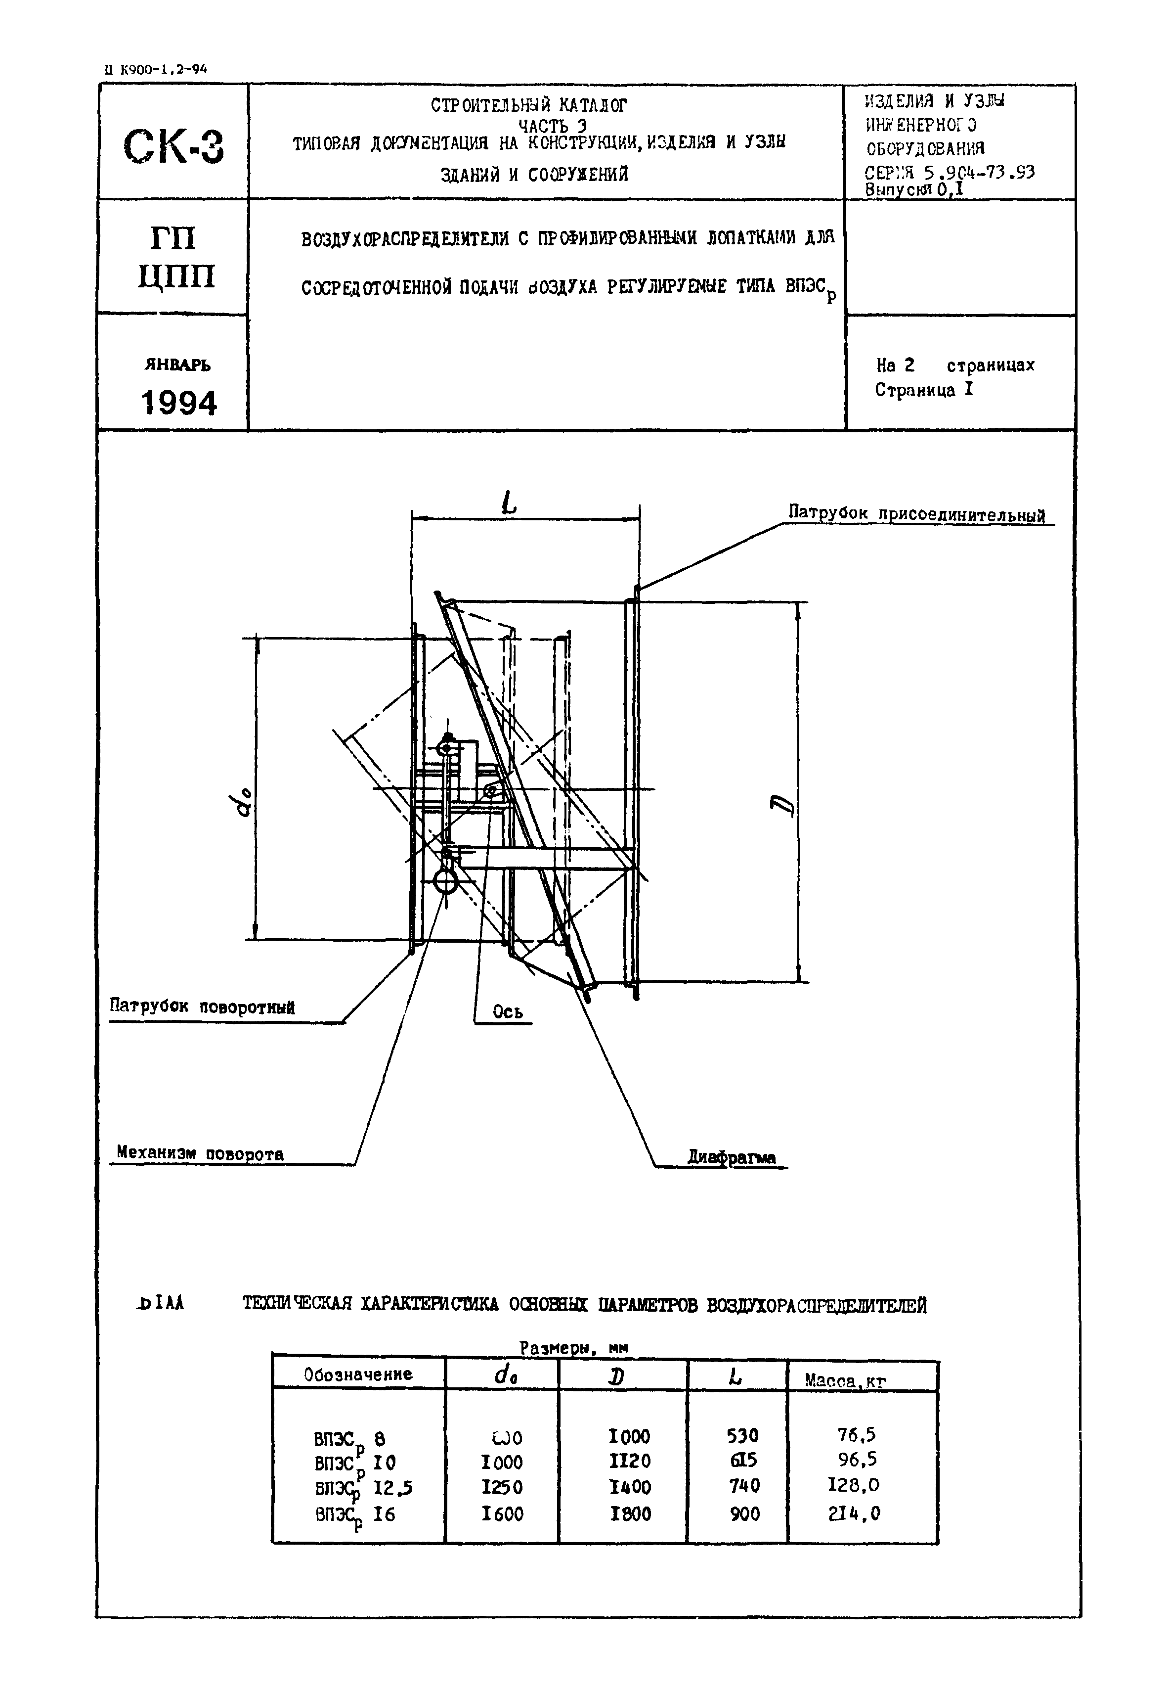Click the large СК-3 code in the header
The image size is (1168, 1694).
(x=174, y=146)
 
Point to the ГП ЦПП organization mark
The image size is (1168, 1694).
(x=175, y=258)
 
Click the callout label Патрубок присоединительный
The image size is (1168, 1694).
(x=916, y=514)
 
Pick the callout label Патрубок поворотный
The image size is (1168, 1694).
(x=203, y=1007)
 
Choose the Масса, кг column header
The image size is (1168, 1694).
(x=845, y=1381)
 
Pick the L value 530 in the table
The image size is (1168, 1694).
(x=743, y=1436)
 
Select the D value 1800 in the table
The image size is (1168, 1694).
(x=630, y=1513)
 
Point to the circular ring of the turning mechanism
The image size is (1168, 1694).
(x=445, y=881)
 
